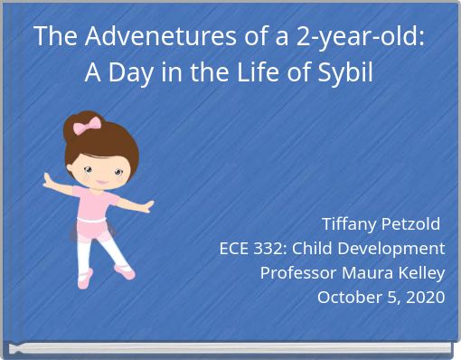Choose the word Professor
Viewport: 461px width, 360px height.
point(298,272)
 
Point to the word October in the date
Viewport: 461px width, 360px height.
point(349,297)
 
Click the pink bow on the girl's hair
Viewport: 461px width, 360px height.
point(88,126)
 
